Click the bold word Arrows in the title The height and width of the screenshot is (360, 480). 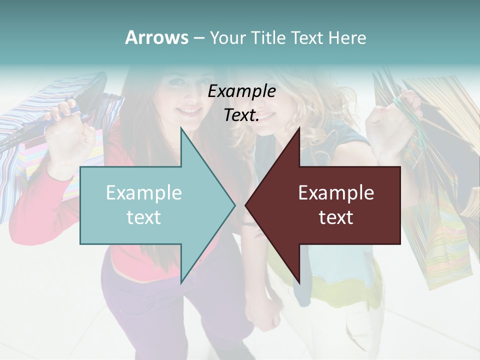tap(156, 37)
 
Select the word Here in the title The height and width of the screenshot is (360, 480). tap(347, 37)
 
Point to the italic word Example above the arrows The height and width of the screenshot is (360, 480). tap(241, 91)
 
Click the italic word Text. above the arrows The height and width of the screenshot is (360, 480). tap(241, 115)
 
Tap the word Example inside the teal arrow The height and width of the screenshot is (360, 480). tap(144, 193)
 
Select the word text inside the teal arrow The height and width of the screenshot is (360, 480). tap(144, 217)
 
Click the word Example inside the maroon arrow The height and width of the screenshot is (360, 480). tap(336, 193)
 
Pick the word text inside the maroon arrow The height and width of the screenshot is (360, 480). tap(336, 217)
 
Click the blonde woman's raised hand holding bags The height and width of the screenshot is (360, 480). tap(395, 120)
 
